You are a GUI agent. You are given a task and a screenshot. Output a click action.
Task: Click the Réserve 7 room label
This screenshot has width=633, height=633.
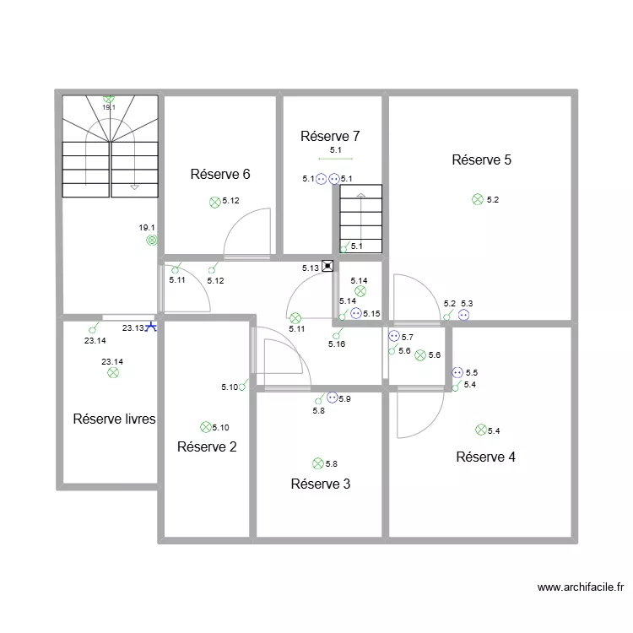pyautogui.click(x=330, y=136)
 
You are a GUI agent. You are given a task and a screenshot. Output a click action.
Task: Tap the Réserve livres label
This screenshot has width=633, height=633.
pyautogui.click(x=114, y=419)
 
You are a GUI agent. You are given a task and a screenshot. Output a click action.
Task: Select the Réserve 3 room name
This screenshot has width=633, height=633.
pyautogui.click(x=321, y=484)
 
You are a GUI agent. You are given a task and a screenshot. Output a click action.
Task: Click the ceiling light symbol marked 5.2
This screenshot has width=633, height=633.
pyautogui.click(x=478, y=199)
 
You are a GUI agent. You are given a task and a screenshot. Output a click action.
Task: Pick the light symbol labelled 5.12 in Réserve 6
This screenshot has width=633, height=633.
pyautogui.click(x=215, y=203)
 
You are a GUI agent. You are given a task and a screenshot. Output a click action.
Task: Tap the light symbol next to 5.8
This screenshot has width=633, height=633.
pyautogui.click(x=318, y=463)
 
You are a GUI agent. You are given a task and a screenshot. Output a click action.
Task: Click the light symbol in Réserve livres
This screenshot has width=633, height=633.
pyautogui.click(x=113, y=372)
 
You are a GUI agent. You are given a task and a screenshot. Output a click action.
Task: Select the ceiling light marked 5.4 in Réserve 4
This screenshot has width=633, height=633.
pyautogui.click(x=481, y=430)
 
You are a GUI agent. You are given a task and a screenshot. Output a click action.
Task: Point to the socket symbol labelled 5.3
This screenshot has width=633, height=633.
pyautogui.click(x=464, y=315)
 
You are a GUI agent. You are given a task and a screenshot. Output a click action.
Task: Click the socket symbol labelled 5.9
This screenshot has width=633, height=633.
pyautogui.click(x=333, y=398)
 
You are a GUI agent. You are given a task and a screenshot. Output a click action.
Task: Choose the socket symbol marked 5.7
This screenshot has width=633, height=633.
pyautogui.click(x=394, y=336)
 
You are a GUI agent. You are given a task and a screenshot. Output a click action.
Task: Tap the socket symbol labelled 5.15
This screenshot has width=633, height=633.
pyautogui.click(x=356, y=313)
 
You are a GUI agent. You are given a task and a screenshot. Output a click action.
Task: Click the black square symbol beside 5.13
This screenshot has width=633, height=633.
pyautogui.click(x=327, y=266)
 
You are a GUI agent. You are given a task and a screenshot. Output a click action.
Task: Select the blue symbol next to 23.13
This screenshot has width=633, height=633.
pyautogui.click(x=151, y=327)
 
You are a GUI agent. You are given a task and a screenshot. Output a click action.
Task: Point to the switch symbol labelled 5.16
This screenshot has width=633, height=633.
pyautogui.click(x=338, y=333)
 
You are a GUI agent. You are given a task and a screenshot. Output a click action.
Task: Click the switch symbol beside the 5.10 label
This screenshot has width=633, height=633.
pyautogui.click(x=243, y=385)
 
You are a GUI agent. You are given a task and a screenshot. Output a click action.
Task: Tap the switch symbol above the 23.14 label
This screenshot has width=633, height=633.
pyautogui.click(x=94, y=327)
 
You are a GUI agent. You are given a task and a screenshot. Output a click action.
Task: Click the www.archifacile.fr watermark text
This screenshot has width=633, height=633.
pyautogui.click(x=581, y=587)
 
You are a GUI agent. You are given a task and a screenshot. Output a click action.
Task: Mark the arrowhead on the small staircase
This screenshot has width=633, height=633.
pyautogui.click(x=361, y=196)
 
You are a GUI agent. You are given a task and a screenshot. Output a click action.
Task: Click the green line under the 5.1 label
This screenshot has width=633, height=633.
pyautogui.click(x=335, y=159)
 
